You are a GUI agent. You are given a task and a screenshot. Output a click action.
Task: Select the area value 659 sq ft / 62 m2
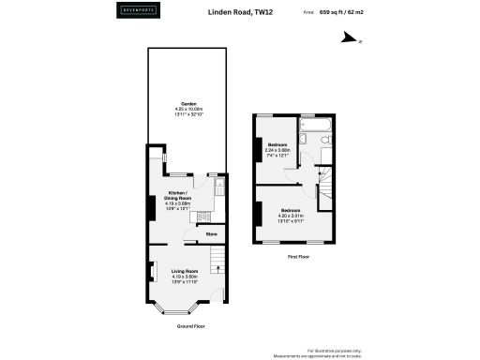pos(341,13)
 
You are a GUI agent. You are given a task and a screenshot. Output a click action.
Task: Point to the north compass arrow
pos(351,38)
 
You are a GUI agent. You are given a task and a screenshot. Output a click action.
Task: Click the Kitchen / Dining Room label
pos(179,198)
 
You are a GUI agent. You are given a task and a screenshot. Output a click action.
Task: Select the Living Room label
pos(185,271)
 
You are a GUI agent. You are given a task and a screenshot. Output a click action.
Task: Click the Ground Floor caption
pos(190,326)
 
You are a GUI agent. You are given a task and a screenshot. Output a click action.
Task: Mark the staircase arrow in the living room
pos(217,266)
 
